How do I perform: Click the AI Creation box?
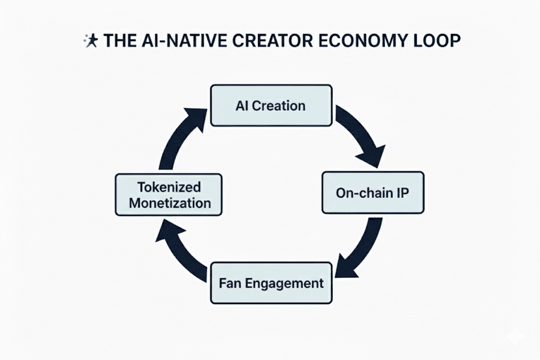270,105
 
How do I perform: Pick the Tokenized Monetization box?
169,194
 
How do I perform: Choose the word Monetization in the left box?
170,202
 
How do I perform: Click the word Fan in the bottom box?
229,284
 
